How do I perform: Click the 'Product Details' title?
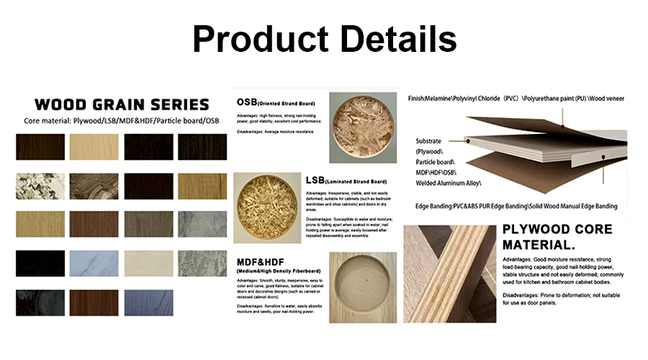[x=324, y=39]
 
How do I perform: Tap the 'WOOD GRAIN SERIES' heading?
[x=122, y=104]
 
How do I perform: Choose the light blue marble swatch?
[x=96, y=263]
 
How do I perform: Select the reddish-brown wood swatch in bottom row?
[x=96, y=302]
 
